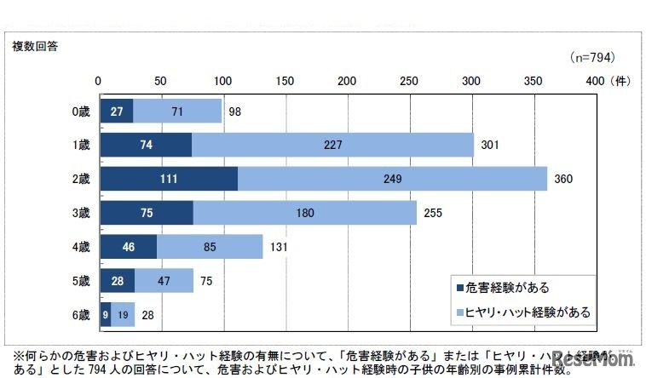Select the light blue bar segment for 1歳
332,145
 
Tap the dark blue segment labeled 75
146,213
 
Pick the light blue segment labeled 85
210,247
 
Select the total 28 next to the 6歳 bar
148,315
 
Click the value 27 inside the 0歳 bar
116,111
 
